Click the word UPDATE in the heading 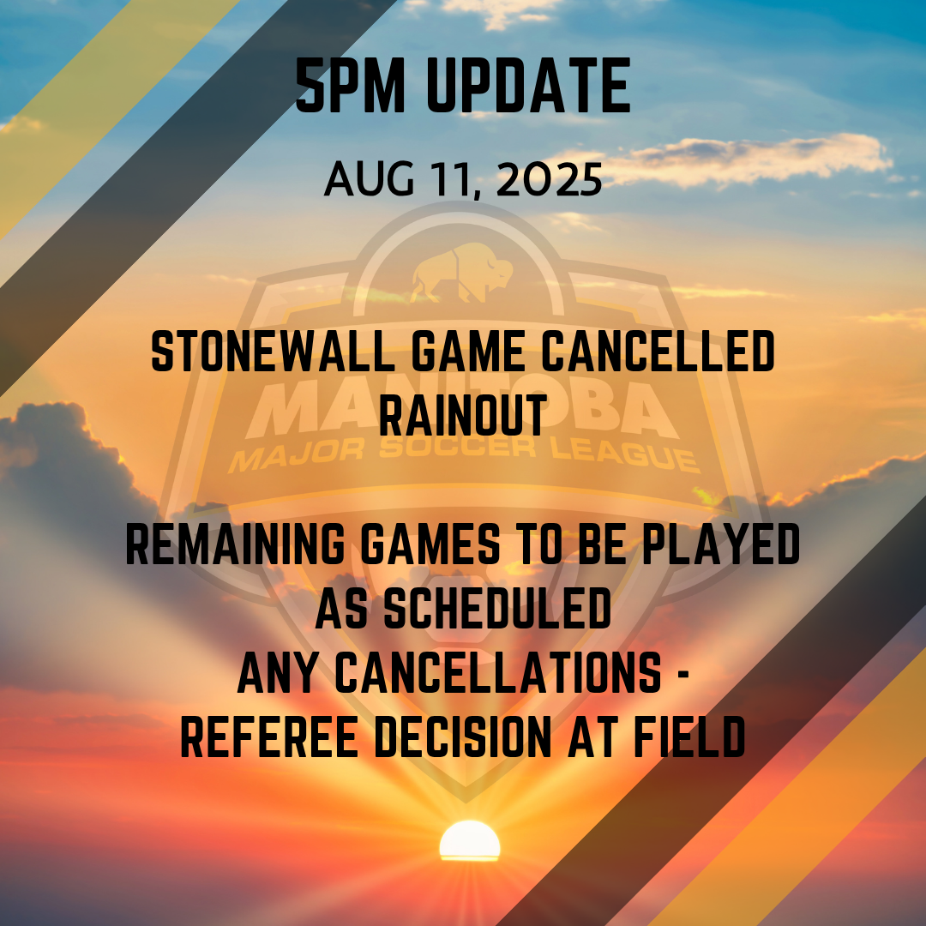pos(528,86)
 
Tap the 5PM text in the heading pos(350,86)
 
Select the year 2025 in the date pos(550,179)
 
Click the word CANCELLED pos(658,352)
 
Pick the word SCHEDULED pos(497,608)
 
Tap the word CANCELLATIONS pos(498,673)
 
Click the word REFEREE pos(269,737)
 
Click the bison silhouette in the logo pos(462,273)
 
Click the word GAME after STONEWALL pos(468,352)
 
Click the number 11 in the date pos(451,179)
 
